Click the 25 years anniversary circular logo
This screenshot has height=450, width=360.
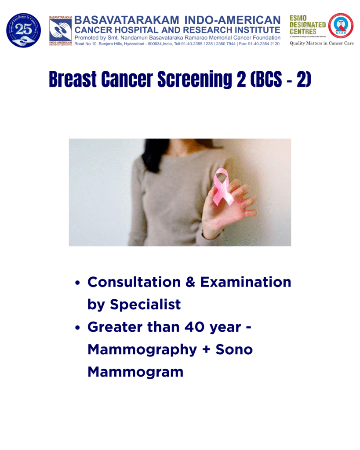[23, 30]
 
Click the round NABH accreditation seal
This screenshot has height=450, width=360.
[341, 25]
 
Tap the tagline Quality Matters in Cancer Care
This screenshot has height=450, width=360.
[321, 43]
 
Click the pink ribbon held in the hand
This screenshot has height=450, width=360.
[223, 187]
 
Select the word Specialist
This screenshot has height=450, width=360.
[145, 305]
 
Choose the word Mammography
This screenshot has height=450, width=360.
[142, 349]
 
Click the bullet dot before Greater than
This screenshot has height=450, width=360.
[78, 328]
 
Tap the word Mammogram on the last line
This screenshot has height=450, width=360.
[135, 372]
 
